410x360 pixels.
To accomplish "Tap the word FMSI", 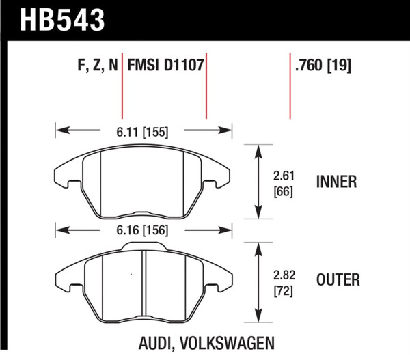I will point(141,67).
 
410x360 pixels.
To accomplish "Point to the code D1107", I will point(184,67).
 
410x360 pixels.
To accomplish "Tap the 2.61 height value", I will point(284,174).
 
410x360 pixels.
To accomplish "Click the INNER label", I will point(336,182).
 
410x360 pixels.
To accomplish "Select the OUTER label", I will point(338,280).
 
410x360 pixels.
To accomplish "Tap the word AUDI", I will point(161,342).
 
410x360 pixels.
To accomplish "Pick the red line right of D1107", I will point(206,85).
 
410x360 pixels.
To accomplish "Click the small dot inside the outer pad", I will point(131,275).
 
